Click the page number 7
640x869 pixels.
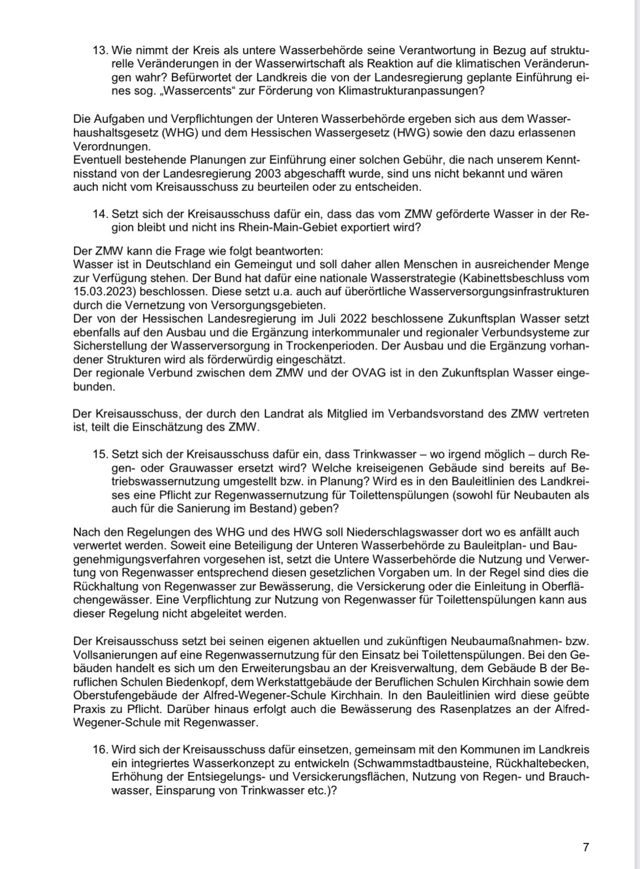[x=586, y=847]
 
